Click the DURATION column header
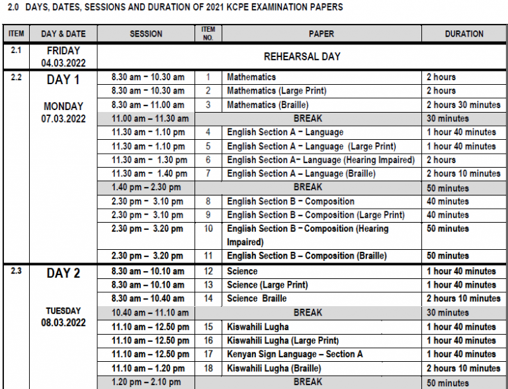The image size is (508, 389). (x=464, y=34)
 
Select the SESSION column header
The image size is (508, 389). (x=146, y=34)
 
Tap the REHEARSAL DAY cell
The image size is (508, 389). (x=302, y=56)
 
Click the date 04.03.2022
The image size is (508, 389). (x=63, y=63)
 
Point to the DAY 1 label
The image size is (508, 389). (x=63, y=80)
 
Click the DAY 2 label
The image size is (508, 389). (x=63, y=274)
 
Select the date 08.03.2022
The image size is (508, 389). (x=63, y=323)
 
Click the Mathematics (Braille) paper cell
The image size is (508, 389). (x=268, y=105)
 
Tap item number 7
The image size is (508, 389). (x=208, y=174)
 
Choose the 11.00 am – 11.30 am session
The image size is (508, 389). (x=150, y=119)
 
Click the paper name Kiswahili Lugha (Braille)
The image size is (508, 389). (x=278, y=368)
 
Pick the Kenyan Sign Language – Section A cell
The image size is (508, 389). (x=294, y=354)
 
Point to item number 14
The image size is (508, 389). (x=208, y=299)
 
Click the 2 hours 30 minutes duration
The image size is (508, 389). (x=463, y=105)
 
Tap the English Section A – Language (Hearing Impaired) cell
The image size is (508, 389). (x=321, y=160)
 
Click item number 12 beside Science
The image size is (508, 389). (x=208, y=271)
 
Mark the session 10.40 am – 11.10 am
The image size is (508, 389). (x=150, y=313)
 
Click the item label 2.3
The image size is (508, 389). (x=17, y=270)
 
